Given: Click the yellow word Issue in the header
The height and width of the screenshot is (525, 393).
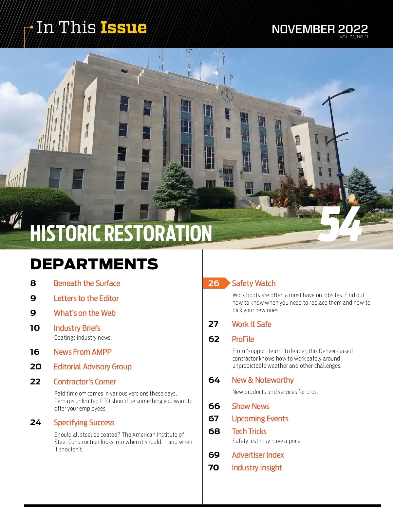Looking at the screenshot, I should click(x=123, y=28).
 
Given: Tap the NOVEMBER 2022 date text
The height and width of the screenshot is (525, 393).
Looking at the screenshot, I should click(x=320, y=29).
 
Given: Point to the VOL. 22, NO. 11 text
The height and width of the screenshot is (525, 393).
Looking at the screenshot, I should click(x=354, y=37).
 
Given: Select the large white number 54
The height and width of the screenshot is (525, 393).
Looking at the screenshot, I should click(x=341, y=225).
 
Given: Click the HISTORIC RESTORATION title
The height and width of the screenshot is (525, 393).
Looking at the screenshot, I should click(x=121, y=233).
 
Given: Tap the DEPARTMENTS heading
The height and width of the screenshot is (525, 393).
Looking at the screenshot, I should click(x=94, y=264).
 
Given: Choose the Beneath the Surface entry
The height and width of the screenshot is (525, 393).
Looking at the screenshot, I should click(x=87, y=283).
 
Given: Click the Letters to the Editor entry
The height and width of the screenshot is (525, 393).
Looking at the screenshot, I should click(x=86, y=298).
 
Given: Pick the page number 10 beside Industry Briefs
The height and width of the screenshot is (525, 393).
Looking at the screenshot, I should click(x=35, y=328).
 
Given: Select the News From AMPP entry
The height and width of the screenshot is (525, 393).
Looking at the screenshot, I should click(x=83, y=352).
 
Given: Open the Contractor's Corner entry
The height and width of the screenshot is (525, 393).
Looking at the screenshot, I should click(x=85, y=382).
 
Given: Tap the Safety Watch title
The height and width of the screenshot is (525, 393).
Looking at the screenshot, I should click(x=254, y=283).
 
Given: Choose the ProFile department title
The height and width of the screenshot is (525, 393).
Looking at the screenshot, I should click(x=243, y=339).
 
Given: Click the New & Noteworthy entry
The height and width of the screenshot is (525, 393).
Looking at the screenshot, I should click(x=263, y=380).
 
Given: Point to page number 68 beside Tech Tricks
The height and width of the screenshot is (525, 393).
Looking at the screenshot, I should click(x=214, y=432).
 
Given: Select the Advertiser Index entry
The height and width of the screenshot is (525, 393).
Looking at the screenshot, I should click(x=258, y=455).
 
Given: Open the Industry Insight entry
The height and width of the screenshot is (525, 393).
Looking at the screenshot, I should click(x=257, y=468).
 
